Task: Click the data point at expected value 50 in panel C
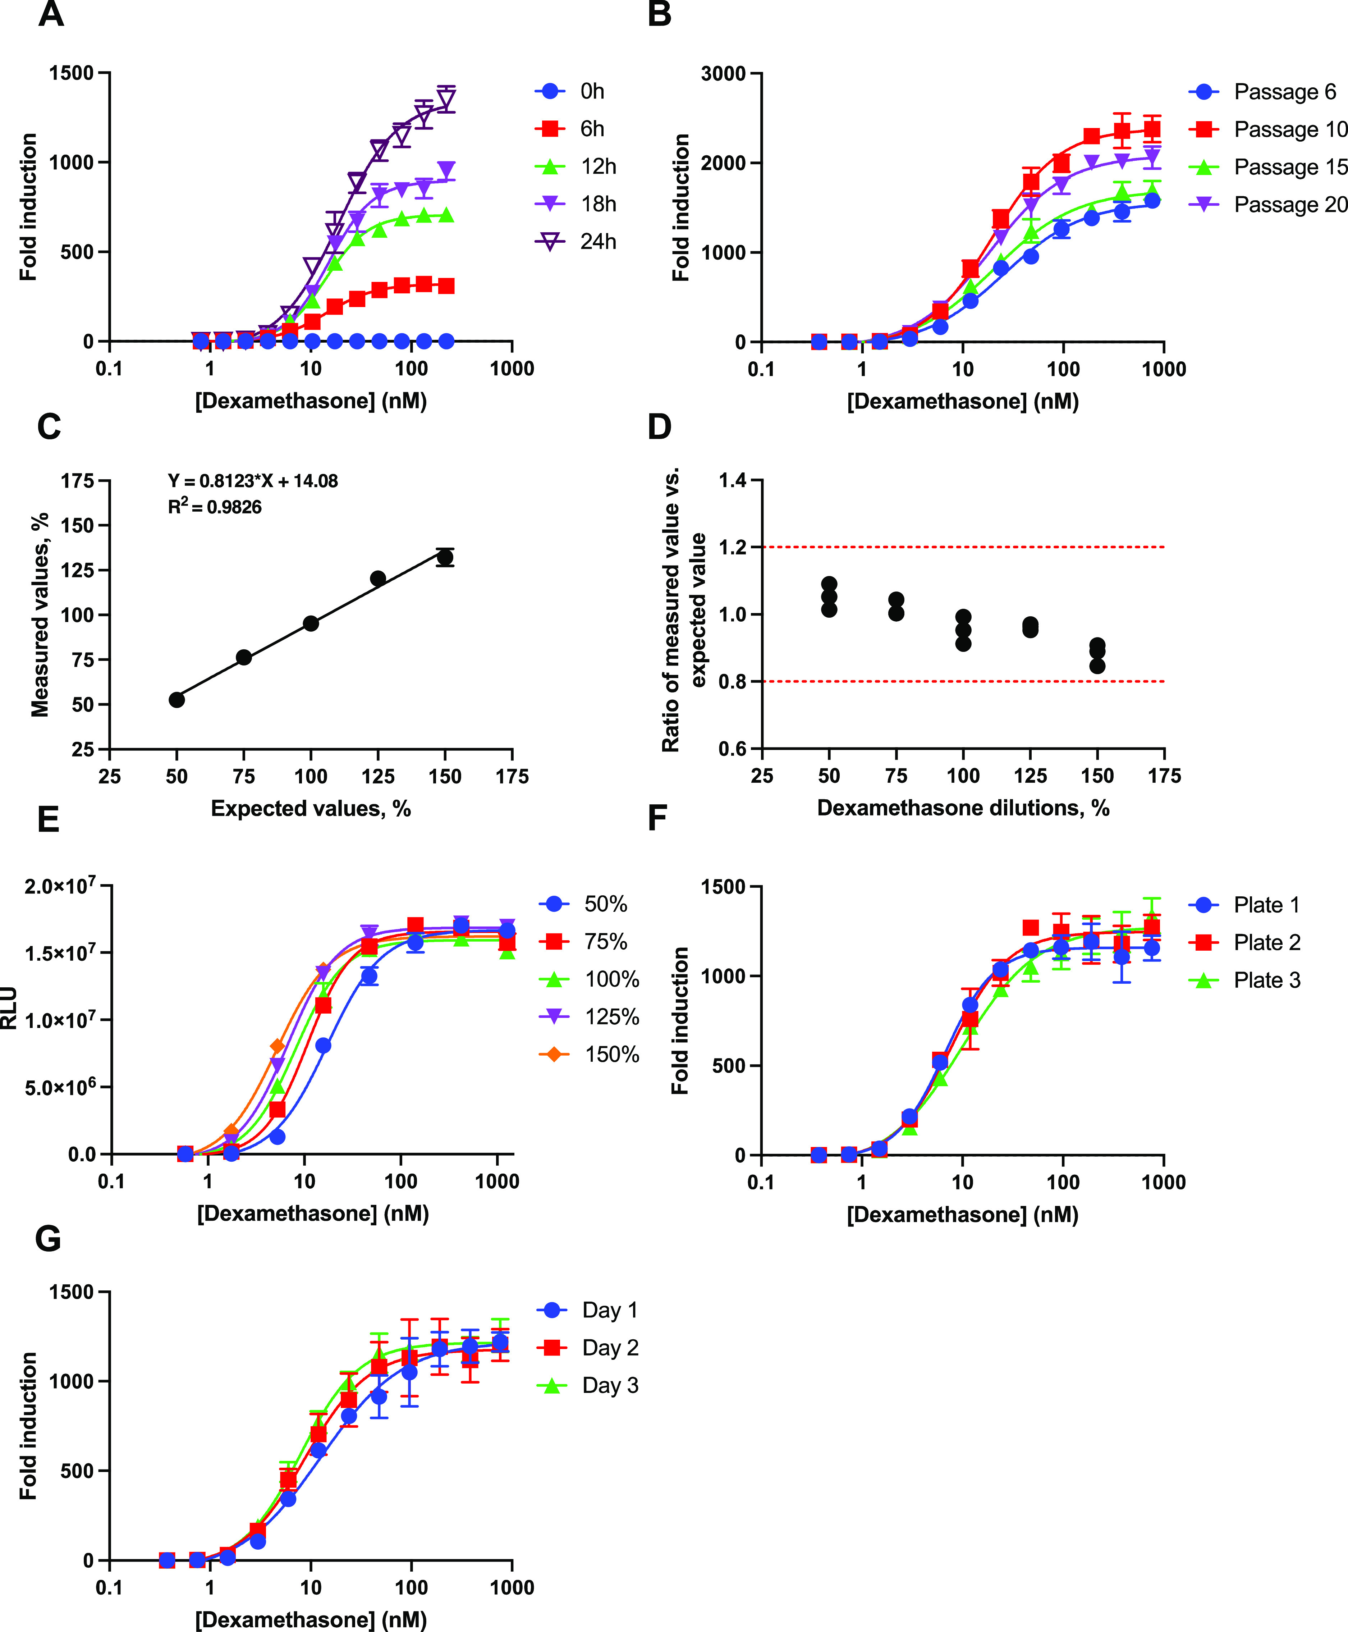click(177, 700)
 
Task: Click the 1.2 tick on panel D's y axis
click(732, 548)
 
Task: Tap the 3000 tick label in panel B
click(723, 74)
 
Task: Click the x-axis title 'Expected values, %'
click(311, 809)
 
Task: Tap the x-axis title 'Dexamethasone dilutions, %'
click(963, 808)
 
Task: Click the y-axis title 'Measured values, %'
click(40, 614)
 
